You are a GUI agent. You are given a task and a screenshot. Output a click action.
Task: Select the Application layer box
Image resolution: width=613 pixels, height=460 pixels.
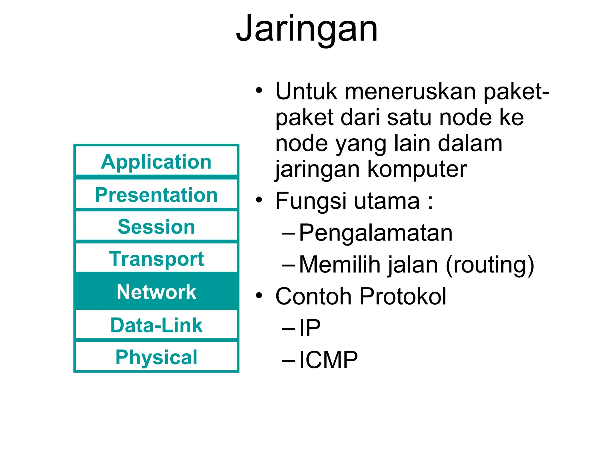tap(156, 161)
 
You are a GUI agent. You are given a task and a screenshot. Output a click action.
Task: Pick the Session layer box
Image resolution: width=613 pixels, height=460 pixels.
tap(156, 226)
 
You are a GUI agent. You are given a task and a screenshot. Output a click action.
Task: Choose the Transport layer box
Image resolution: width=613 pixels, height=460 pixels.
tap(156, 258)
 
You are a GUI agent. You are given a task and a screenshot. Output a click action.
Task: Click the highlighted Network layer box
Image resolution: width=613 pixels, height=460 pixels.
tap(156, 291)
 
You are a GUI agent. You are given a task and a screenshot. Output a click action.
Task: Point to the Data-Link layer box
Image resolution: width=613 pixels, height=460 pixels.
tap(156, 325)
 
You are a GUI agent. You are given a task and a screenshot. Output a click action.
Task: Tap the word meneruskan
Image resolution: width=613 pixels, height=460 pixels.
tap(410, 91)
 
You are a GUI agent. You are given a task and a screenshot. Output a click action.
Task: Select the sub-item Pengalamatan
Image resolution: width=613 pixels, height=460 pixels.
tap(376, 233)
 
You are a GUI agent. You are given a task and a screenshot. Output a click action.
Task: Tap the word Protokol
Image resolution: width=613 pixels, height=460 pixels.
tap(403, 296)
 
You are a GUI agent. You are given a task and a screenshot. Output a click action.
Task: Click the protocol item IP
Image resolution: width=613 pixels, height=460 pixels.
tap(310, 328)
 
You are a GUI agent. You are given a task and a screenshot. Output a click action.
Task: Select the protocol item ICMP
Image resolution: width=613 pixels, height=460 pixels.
tap(328, 360)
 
